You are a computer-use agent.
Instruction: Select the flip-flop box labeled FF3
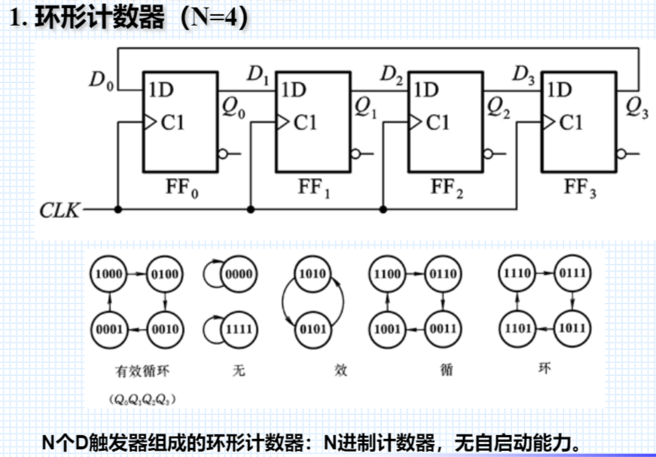tap(579, 122)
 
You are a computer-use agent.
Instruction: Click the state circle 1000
tap(108, 275)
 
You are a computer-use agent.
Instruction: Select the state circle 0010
tap(164, 329)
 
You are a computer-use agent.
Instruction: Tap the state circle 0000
tap(240, 275)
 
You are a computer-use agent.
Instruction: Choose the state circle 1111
tap(240, 329)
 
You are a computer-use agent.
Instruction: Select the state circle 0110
tap(442, 275)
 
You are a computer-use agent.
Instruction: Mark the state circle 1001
tap(387, 329)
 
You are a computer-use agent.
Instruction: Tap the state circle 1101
tap(518, 329)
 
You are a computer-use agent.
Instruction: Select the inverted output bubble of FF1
tap(354, 154)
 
